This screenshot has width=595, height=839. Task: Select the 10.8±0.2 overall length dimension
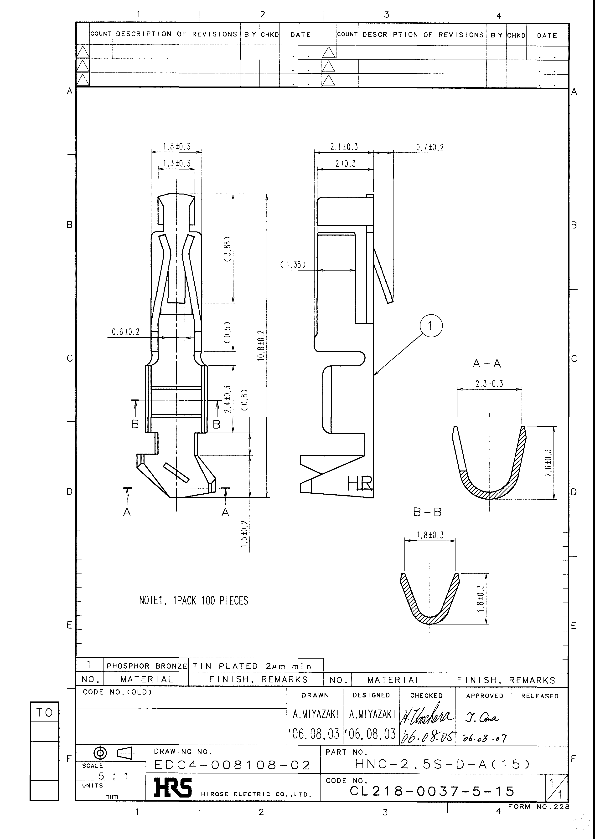click(261, 345)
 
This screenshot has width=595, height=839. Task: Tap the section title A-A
click(486, 364)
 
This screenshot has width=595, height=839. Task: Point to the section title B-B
click(427, 512)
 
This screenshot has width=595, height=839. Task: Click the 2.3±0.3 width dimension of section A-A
click(489, 384)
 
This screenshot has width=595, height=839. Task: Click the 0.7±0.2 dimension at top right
click(429, 148)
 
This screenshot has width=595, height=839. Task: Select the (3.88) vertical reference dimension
click(228, 249)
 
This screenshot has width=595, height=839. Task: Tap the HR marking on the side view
click(359, 484)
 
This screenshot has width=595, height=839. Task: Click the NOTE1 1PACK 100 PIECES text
click(193, 601)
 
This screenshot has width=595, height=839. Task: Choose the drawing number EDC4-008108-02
click(232, 765)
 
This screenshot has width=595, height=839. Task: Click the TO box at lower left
click(44, 713)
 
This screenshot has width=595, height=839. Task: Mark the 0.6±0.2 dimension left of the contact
click(126, 332)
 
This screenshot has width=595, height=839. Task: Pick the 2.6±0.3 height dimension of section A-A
click(548, 463)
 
